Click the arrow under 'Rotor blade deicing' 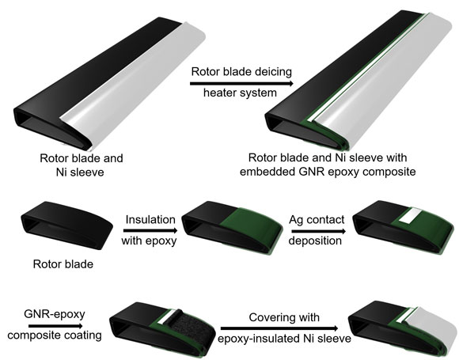click(241, 84)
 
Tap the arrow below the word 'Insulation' click(150, 230)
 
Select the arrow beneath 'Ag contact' click(319, 231)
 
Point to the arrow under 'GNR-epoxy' click(56, 326)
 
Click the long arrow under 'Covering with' click(279, 328)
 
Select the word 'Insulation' click(150, 219)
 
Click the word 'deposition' click(315, 241)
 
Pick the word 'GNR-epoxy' click(55, 314)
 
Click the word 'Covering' click(269, 317)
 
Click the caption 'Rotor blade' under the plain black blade click(63, 264)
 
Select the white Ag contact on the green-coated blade click(409, 216)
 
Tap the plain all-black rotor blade click(66, 225)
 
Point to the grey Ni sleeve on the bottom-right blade click(431, 328)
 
